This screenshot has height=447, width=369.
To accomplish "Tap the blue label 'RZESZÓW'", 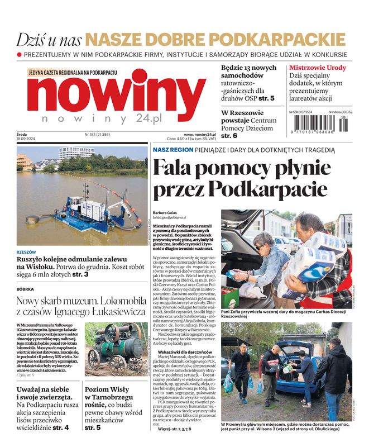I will (x=26, y=253).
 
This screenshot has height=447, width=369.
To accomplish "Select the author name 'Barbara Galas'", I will (x=165, y=213).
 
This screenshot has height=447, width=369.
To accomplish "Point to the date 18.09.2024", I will (x=27, y=140).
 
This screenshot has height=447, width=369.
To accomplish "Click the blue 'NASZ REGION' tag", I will (x=169, y=150).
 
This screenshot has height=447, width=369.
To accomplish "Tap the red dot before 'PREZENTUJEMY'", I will (x=20, y=55).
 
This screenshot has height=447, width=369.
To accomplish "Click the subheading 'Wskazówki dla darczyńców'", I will (x=185, y=353).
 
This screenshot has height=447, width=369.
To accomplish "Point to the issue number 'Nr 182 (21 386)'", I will (x=97, y=135).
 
